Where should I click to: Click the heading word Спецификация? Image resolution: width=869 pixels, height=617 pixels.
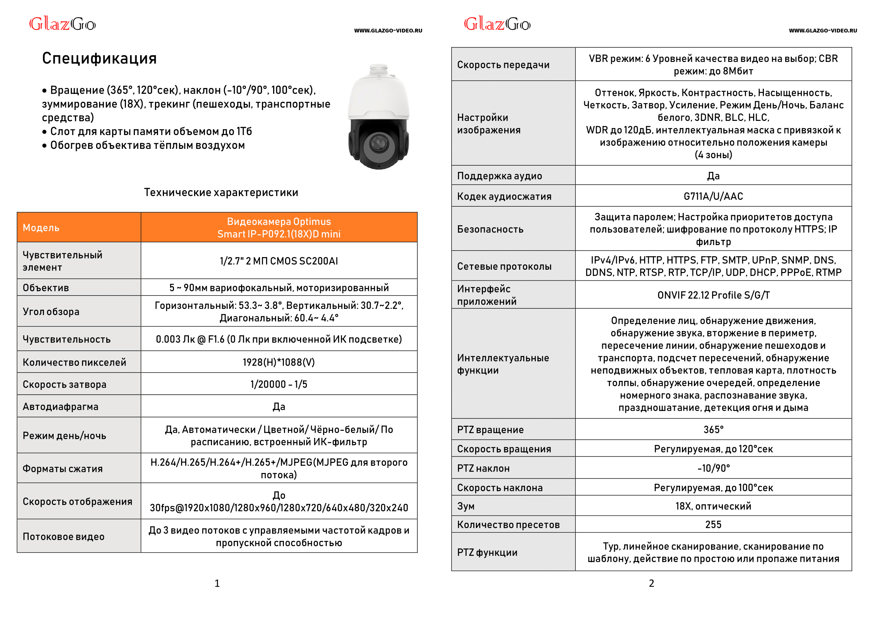(99, 59)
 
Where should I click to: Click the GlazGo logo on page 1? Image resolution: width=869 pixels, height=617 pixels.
(63, 24)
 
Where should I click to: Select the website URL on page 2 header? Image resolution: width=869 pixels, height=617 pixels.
(822, 31)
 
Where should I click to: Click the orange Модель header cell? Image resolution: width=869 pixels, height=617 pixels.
(41, 228)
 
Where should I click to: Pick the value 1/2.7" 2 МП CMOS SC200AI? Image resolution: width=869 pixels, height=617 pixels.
(278, 261)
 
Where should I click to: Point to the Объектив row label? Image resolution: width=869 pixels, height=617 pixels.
(46, 288)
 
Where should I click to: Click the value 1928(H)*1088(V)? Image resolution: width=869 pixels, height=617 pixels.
(278, 362)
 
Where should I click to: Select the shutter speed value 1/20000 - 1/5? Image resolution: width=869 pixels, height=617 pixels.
(278, 384)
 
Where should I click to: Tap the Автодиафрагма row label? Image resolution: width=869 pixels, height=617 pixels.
(60, 407)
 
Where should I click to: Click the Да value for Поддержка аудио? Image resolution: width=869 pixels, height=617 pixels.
(713, 176)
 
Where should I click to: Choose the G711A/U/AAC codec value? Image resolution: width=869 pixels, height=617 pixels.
(713, 196)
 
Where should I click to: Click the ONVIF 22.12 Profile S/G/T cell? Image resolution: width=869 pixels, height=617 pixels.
(713, 295)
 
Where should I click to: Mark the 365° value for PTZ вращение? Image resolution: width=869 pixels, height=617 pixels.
(713, 430)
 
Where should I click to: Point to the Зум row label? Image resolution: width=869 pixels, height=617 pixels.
(466, 506)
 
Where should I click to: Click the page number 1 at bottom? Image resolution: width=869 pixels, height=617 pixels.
(217, 583)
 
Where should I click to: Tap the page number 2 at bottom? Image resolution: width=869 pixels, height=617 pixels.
(651, 583)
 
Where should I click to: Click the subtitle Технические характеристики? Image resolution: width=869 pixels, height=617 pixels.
(221, 192)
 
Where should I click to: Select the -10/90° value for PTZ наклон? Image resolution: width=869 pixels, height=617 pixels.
(713, 468)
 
